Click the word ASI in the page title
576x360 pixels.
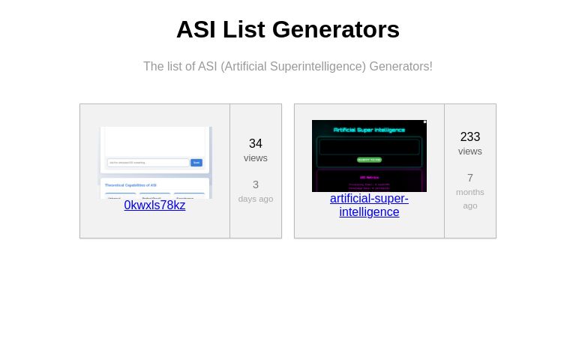click(x=196, y=29)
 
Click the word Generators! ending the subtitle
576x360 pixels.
click(x=400, y=66)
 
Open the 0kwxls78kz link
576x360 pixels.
click(x=154, y=205)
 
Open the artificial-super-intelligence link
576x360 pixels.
click(x=369, y=205)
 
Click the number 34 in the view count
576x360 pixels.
click(x=256, y=143)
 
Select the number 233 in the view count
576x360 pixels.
click(x=470, y=136)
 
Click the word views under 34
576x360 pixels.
click(x=256, y=157)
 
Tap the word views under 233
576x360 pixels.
click(x=470, y=151)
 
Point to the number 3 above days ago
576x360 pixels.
click(x=256, y=184)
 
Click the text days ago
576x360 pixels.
click(x=256, y=199)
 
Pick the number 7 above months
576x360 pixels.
click(x=470, y=178)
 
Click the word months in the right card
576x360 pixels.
click(x=470, y=192)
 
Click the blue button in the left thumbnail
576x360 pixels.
click(x=196, y=162)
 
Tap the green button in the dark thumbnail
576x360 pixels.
click(x=369, y=160)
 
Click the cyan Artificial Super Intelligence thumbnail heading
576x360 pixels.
click(x=369, y=130)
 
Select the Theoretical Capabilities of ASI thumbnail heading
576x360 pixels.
click(x=130, y=184)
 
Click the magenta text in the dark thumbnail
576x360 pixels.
click(x=369, y=177)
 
